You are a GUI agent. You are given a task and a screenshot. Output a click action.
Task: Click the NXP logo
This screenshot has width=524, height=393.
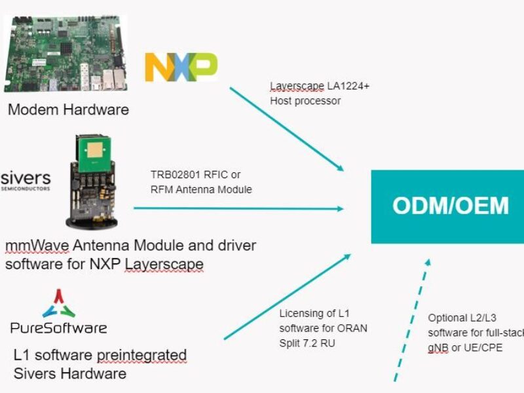coord(181,67)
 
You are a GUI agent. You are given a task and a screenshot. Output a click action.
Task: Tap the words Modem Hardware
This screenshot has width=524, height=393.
coord(68,109)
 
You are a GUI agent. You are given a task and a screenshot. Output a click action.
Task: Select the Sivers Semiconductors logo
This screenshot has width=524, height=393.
coord(26,180)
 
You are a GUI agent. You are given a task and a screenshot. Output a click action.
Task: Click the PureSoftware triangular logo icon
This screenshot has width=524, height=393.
coord(59,303)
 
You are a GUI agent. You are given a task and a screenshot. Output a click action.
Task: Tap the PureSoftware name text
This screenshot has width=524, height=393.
coord(58,327)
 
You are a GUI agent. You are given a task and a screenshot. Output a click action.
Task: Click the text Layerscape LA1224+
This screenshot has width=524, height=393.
coord(320,86)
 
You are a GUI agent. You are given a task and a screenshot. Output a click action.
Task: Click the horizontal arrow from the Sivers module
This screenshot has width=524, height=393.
coord(239,209)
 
